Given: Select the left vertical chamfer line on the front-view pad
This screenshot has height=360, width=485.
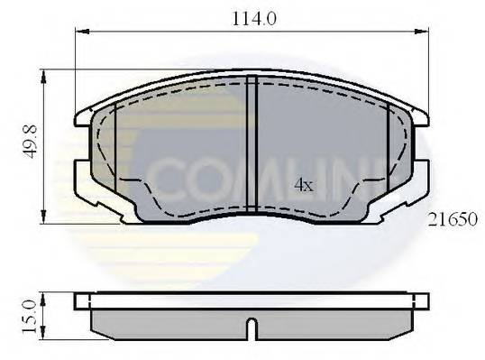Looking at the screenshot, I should tap(116, 135).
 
